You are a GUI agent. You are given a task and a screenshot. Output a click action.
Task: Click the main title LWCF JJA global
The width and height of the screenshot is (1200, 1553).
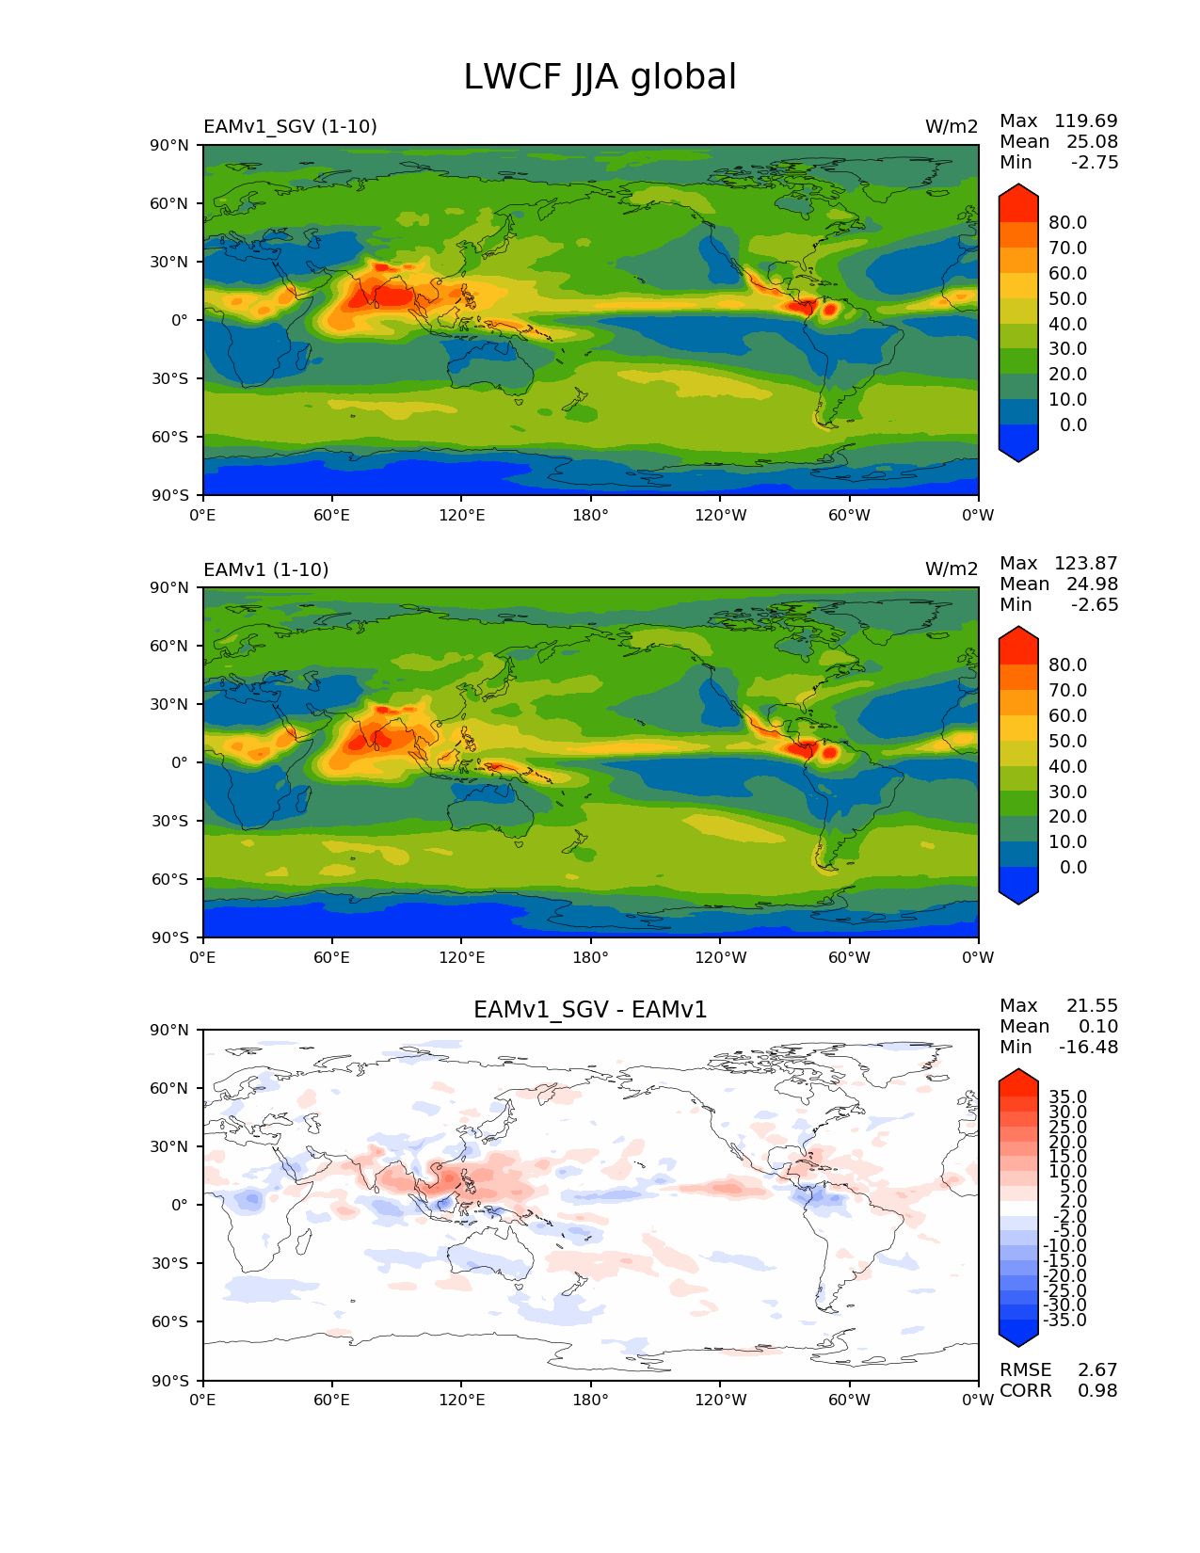(x=600, y=77)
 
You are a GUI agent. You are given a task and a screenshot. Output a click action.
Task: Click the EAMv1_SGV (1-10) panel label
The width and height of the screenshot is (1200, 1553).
(x=290, y=126)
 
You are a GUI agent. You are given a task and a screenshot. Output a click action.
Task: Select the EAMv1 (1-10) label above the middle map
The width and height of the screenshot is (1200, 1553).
(x=265, y=569)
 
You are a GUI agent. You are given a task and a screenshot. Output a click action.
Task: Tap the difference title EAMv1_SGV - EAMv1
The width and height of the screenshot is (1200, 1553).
(x=590, y=1010)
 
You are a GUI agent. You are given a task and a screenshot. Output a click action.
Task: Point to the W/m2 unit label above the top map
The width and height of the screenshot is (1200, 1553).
(x=952, y=126)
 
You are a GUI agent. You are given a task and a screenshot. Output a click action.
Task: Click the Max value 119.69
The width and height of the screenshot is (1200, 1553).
(x=1085, y=120)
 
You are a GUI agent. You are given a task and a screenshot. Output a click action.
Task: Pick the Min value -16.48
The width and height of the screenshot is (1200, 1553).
(x=1088, y=1047)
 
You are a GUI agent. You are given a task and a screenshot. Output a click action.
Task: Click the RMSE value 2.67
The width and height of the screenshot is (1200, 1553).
(x=1097, y=1369)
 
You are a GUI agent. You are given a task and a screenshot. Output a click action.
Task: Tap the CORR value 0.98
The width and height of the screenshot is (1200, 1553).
(x=1097, y=1390)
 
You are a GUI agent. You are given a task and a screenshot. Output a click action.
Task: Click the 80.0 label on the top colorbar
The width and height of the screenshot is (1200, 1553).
(x=1068, y=222)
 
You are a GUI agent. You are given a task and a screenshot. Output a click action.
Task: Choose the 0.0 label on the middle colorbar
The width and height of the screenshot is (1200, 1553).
(x=1073, y=867)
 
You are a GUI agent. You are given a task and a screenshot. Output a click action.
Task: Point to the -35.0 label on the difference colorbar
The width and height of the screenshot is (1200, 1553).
(x=1064, y=1320)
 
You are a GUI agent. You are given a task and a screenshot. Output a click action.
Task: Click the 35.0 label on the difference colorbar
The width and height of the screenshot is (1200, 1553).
(x=1067, y=1097)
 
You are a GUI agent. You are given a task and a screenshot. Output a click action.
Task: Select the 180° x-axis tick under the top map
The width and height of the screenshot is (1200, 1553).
(x=590, y=515)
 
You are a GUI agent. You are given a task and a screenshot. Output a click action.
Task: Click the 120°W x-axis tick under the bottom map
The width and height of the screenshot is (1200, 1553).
(x=720, y=1400)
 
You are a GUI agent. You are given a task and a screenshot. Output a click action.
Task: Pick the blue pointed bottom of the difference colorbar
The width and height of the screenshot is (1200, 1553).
(x=1018, y=1335)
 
